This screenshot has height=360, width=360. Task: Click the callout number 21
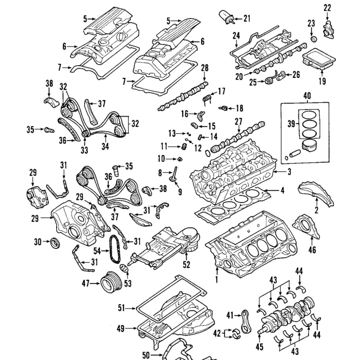click(x=246, y=18)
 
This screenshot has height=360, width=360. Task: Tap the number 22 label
click(x=327, y=7)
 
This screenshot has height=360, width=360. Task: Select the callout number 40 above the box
click(x=306, y=96)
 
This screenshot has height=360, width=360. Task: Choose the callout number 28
click(x=205, y=67)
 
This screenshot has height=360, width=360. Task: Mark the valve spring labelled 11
click(x=184, y=147)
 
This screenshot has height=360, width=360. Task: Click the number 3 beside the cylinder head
click(x=289, y=172)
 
